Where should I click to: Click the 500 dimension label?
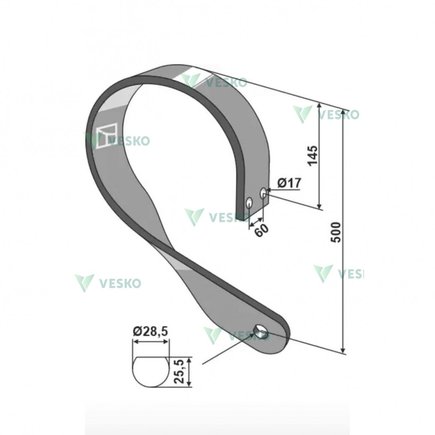pos(336,232)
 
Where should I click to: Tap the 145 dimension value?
pos(313,155)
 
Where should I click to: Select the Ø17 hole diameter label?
pos(289,183)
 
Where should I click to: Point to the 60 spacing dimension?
pos(261,230)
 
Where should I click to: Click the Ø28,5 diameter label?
pos(150,331)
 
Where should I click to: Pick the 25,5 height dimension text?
pos(179,371)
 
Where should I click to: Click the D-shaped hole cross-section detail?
pos(150,372)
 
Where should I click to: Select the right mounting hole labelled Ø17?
pos(263,193)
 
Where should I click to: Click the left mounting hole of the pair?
pos(249,203)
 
